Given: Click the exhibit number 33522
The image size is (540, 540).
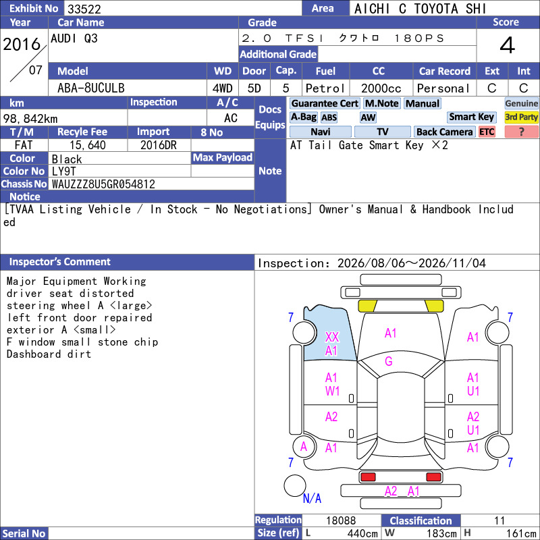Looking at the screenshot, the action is tap(84, 9).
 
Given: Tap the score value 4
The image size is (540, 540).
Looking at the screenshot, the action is tap(508, 45).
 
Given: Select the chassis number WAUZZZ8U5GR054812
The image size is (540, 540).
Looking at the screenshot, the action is tap(103, 184).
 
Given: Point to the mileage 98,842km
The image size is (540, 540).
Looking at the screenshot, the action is tap(30, 119).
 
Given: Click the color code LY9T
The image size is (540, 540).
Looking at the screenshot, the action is tap(63, 171).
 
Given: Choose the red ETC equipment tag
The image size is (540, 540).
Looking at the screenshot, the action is tap(487, 132).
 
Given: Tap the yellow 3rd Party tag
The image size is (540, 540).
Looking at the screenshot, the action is tap(521, 117).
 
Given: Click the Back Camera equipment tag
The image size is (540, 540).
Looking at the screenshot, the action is tap(445, 132).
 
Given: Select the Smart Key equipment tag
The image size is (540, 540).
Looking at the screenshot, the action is tap(472, 117).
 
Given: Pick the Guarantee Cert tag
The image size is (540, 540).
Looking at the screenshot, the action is tap(325, 103).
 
